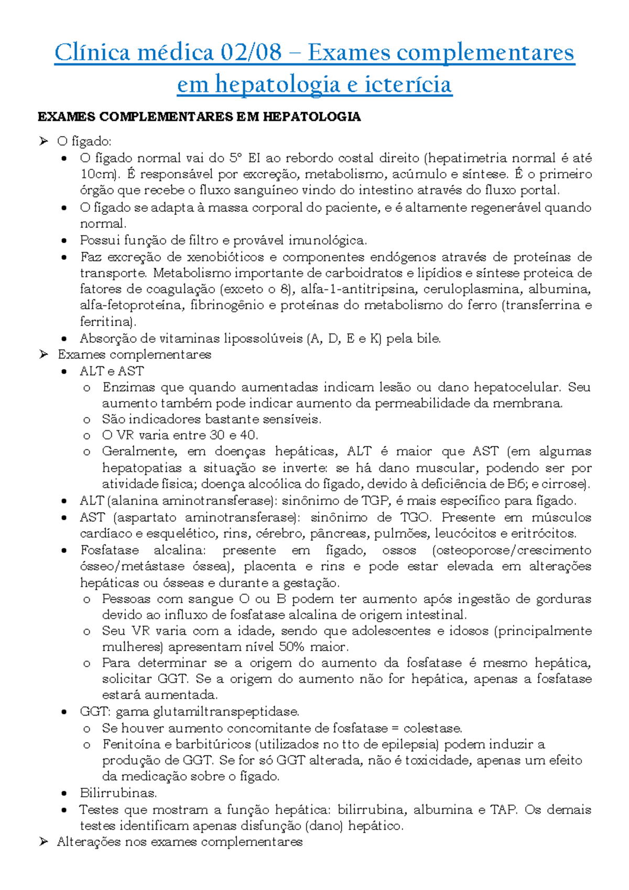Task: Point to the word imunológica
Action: (332, 241)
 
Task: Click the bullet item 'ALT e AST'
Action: (112, 371)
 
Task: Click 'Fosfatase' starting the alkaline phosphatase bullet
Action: (110, 550)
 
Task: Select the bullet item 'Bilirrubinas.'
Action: (118, 793)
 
